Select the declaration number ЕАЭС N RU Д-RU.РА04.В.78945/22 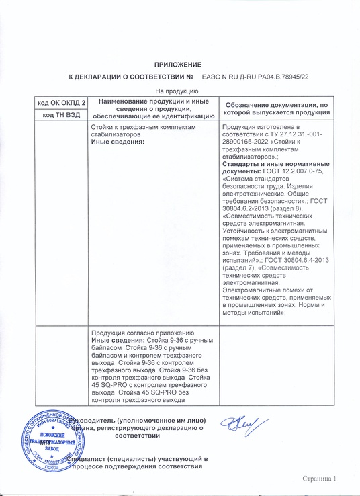pyautogui.click(x=255, y=77)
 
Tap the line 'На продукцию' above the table pyautogui.click(x=175, y=91)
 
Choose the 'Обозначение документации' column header pyautogui.click(x=276, y=108)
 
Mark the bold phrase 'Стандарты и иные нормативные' pyautogui.click(x=275, y=165)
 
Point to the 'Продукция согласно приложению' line pyautogui.click(x=142, y=334)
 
